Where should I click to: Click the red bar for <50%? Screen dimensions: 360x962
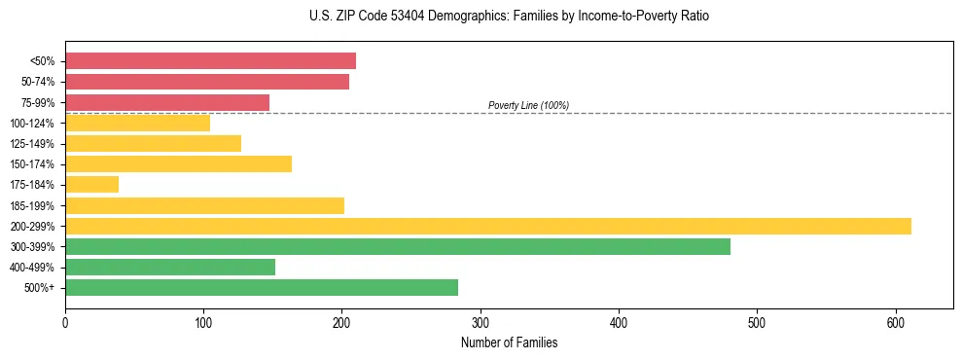pos(210,61)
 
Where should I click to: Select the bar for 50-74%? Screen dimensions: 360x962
pos(207,82)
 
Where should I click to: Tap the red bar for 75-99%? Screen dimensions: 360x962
pos(167,102)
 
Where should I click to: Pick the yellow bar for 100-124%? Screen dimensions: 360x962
pos(137,123)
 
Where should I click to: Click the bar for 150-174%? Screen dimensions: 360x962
pos(178,163)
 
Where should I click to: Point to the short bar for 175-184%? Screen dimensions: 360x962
pos(91,184)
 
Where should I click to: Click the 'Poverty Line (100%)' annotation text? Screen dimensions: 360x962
pos(528,105)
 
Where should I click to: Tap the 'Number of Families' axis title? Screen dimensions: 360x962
pos(509,342)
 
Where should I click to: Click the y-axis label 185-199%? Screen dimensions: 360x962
pos(32,205)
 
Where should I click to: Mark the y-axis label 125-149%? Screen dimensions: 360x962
pos(32,144)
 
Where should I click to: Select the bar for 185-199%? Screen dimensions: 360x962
pos(204,205)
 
